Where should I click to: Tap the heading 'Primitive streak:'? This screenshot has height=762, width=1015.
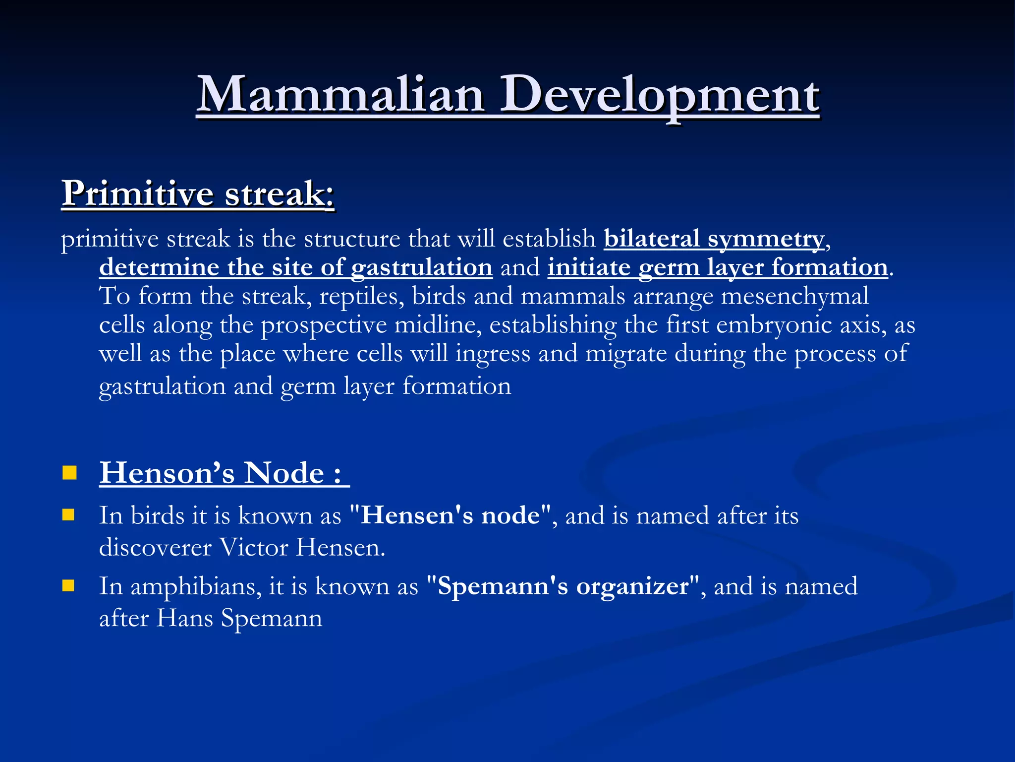click(x=198, y=193)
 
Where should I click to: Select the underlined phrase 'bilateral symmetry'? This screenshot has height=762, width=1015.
click(x=714, y=239)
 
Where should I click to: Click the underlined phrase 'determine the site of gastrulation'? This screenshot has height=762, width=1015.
click(x=295, y=268)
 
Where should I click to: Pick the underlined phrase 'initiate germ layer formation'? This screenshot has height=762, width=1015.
click(x=717, y=268)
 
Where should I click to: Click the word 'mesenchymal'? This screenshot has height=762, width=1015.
click(x=794, y=297)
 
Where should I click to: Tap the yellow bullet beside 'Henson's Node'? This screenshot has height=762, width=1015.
click(x=69, y=473)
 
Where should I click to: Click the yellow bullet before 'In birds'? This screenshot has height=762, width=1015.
click(x=68, y=514)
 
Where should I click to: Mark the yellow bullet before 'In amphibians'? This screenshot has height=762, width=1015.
click(x=68, y=586)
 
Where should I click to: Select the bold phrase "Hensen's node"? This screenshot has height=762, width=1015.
click(x=450, y=515)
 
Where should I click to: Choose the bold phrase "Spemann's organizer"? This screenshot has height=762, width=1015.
click(x=563, y=586)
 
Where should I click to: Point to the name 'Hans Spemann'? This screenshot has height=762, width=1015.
click(x=239, y=619)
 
